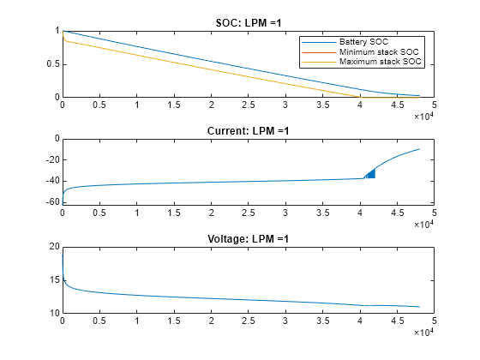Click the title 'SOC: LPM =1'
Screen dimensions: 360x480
(x=248, y=22)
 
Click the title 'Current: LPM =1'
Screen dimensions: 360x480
(x=248, y=130)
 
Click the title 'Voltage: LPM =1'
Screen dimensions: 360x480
(x=248, y=238)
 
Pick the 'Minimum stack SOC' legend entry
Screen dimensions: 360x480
(x=374, y=52)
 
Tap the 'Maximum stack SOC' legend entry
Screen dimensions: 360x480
(x=375, y=63)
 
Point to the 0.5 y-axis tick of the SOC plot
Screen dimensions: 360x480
(x=51, y=64)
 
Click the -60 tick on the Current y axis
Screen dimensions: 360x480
(x=50, y=202)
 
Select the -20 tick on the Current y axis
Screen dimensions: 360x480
(x=50, y=159)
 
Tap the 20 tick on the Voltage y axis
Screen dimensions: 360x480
(x=52, y=247)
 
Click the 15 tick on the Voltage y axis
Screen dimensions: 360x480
(x=52, y=280)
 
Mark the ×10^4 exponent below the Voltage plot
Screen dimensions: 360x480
(x=423, y=332)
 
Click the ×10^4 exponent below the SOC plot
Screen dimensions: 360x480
(x=423, y=116)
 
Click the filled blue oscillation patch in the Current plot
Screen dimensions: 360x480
(x=370, y=173)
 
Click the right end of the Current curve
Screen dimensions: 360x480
(x=419, y=149)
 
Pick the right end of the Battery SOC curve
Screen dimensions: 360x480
(x=419, y=96)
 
